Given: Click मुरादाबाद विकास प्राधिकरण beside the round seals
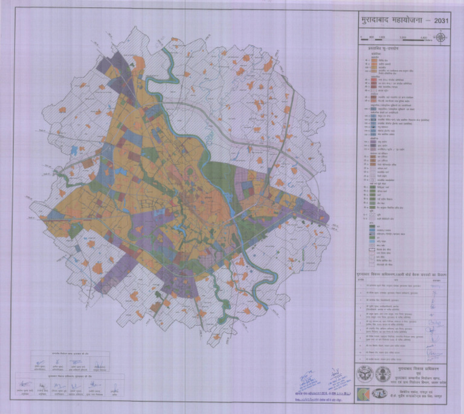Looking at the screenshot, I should (417, 366).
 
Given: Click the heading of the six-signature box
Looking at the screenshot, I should (66, 376).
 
